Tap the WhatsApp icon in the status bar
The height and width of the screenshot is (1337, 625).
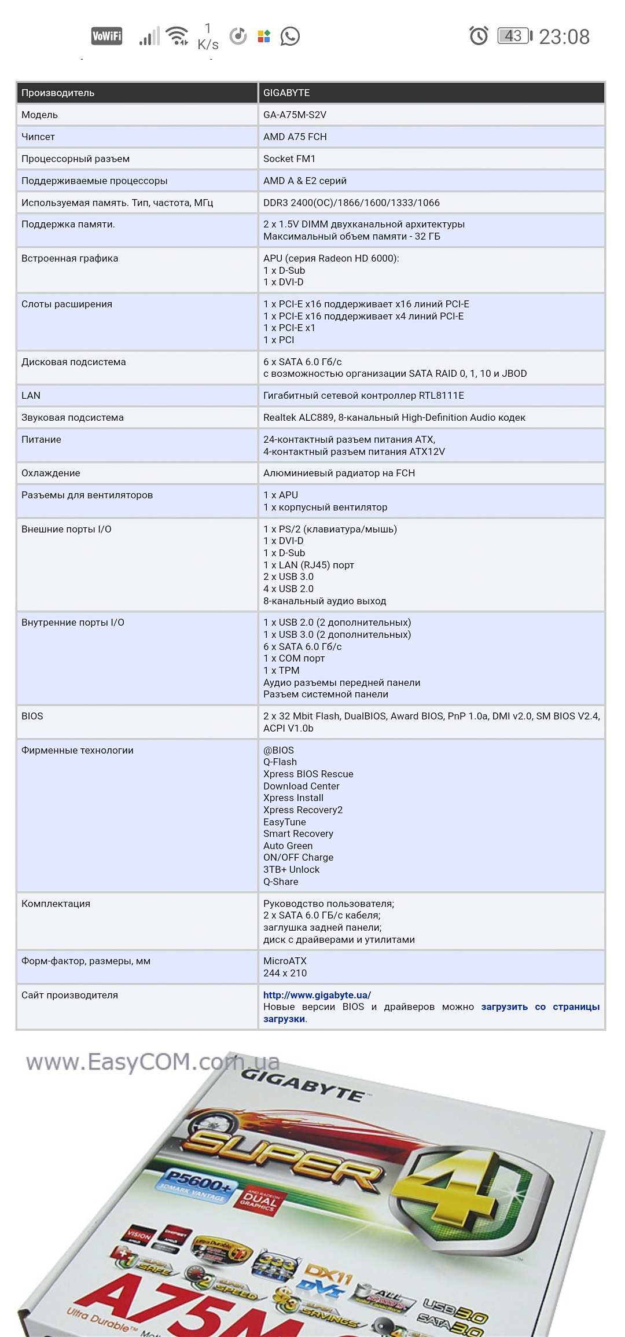[x=290, y=36]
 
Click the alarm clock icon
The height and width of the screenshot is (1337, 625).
[x=479, y=36]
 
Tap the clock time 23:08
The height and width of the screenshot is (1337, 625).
[x=564, y=37]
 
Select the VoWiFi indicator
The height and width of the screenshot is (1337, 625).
[x=107, y=36]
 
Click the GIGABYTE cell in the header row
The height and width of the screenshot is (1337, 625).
[x=286, y=93]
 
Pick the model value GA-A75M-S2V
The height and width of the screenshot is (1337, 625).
[x=295, y=115]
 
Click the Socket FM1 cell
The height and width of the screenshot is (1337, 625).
[x=289, y=159]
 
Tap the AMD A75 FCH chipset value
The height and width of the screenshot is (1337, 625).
[x=295, y=137]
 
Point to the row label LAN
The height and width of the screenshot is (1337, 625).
[x=31, y=395]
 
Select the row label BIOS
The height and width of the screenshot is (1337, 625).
[x=32, y=716]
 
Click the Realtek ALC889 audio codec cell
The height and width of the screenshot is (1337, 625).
[x=394, y=417]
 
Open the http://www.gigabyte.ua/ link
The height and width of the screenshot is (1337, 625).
[x=317, y=995]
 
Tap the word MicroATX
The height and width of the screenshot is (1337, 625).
[x=285, y=961]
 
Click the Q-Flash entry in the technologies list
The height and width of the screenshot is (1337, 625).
[x=280, y=762]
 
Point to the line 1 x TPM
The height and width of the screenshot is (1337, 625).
[x=281, y=670]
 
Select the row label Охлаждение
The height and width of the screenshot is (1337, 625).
[x=51, y=473]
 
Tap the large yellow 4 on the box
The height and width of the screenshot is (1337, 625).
[x=463, y=1192]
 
